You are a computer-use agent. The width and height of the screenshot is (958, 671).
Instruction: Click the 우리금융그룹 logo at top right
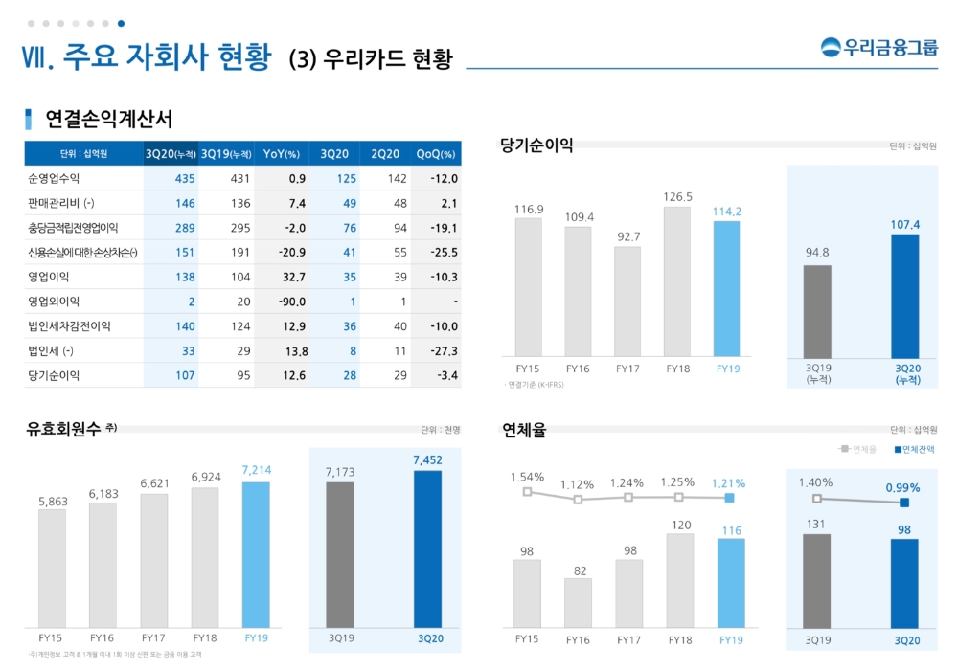pyautogui.click(x=879, y=46)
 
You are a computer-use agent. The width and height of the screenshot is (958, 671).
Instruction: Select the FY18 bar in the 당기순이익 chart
pyautogui.click(x=676, y=281)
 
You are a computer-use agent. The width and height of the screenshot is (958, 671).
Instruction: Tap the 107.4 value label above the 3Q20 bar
pyautogui.click(x=904, y=224)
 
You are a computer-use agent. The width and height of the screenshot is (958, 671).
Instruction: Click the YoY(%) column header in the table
pyautogui.click(x=282, y=154)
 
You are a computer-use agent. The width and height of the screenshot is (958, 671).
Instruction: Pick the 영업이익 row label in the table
pyautogui.click(x=49, y=277)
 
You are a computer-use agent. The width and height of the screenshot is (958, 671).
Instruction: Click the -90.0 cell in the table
pyautogui.click(x=290, y=302)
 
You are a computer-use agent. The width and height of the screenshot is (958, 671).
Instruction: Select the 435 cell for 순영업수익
pyautogui.click(x=185, y=178)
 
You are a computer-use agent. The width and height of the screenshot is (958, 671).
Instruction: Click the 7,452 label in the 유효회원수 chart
pyautogui.click(x=427, y=460)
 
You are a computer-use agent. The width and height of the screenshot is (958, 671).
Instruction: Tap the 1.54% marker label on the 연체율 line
pyautogui.click(x=527, y=476)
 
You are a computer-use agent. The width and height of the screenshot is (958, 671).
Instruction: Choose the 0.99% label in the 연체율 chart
pyautogui.click(x=902, y=487)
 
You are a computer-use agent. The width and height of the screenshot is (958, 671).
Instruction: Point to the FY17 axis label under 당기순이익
pyautogui.click(x=627, y=368)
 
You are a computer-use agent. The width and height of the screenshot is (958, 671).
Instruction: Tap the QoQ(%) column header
pyautogui.click(x=436, y=154)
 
